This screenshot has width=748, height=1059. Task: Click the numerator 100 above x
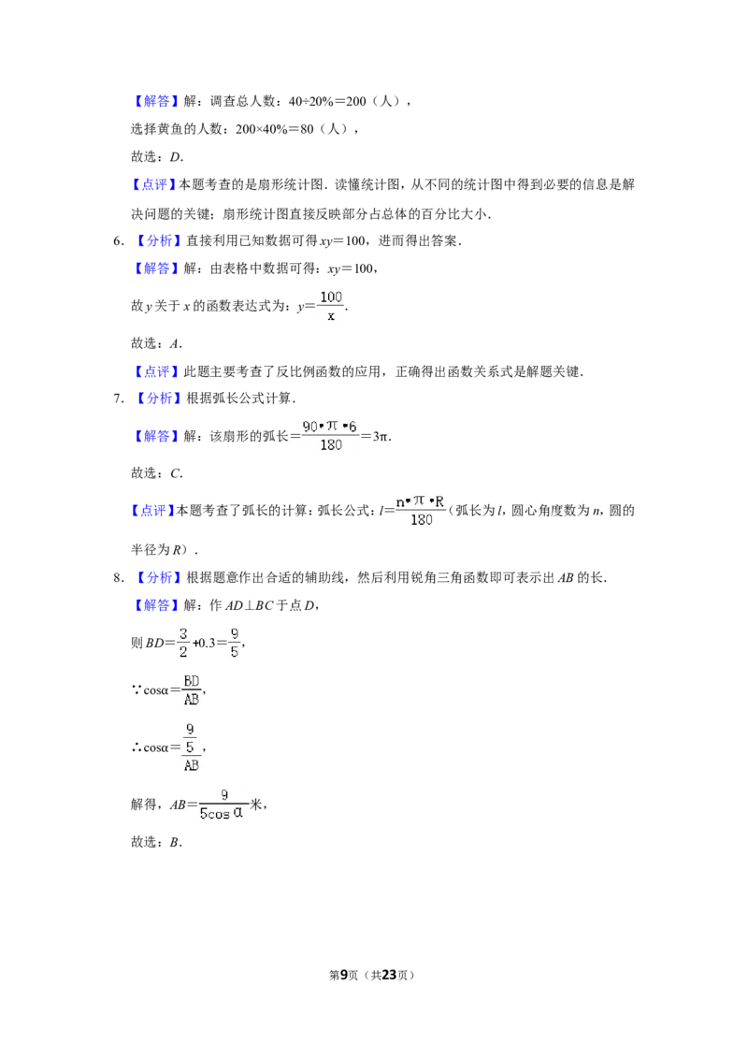click(x=331, y=297)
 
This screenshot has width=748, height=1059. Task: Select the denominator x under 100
click(x=331, y=316)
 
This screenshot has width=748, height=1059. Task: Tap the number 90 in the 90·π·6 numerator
click(x=310, y=426)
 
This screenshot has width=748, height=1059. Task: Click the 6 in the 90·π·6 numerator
click(x=352, y=426)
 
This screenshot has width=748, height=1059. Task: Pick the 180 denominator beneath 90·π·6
click(x=331, y=445)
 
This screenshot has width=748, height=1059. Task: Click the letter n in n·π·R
click(x=400, y=501)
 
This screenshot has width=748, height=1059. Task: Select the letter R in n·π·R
click(x=439, y=501)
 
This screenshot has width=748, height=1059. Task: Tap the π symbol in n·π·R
click(x=419, y=501)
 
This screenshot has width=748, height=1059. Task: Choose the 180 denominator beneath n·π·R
click(x=422, y=520)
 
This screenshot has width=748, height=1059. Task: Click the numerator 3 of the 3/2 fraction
click(x=183, y=633)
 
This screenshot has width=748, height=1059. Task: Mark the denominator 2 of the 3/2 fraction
click(x=183, y=652)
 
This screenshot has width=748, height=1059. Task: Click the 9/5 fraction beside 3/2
click(x=235, y=643)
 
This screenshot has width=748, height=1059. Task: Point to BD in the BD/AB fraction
click(x=192, y=680)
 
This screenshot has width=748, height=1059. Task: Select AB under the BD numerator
click(x=192, y=700)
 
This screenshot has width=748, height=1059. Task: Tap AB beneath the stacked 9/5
click(x=192, y=766)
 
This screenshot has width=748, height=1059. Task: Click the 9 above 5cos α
click(x=224, y=796)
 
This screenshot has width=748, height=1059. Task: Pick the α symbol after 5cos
click(x=238, y=813)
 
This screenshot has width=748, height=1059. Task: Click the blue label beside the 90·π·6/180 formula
click(x=156, y=437)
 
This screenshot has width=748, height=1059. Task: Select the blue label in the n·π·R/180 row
click(x=152, y=511)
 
